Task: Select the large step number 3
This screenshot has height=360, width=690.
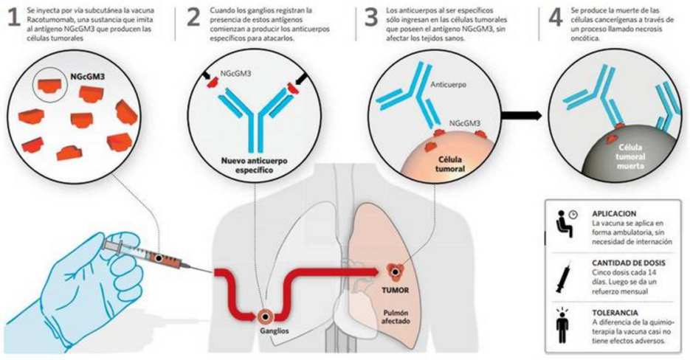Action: point(371,17)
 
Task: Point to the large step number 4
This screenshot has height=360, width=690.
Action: point(556,17)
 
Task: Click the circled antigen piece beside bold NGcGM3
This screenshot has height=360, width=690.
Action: point(49,85)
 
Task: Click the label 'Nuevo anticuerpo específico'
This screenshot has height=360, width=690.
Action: point(255,165)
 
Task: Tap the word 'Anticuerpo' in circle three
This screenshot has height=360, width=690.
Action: point(447,85)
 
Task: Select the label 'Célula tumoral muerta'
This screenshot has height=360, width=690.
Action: point(630,156)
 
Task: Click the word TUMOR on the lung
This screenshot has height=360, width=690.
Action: point(395,291)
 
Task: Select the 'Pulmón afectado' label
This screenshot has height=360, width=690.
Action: point(395,317)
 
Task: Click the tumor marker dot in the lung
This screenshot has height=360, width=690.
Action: point(396,273)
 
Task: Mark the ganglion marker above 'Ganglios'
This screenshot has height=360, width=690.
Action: point(266,316)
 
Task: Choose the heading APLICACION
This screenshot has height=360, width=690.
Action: point(614,214)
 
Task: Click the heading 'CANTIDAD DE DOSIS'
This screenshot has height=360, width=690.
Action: point(629,263)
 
